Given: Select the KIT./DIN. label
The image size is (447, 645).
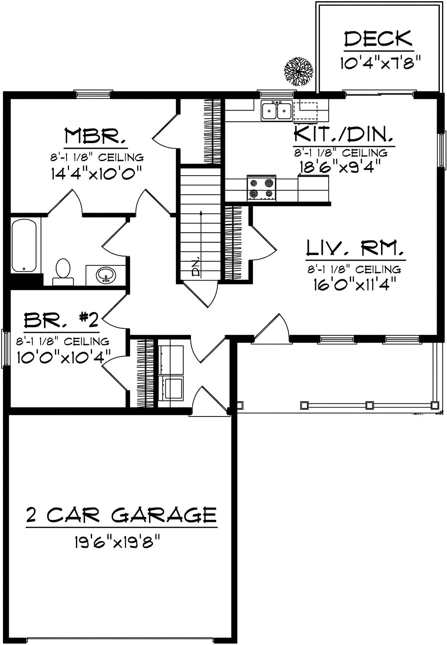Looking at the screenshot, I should tap(343, 134).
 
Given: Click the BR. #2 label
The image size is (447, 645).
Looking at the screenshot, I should tap(61, 320).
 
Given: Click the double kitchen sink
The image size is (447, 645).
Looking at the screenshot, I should tap(276, 111).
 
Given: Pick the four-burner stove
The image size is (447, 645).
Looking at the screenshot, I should tap(262, 188).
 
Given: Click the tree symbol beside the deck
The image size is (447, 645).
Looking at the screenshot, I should tap(298, 71).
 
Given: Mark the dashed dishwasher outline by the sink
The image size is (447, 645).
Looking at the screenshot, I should tap(305, 111).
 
